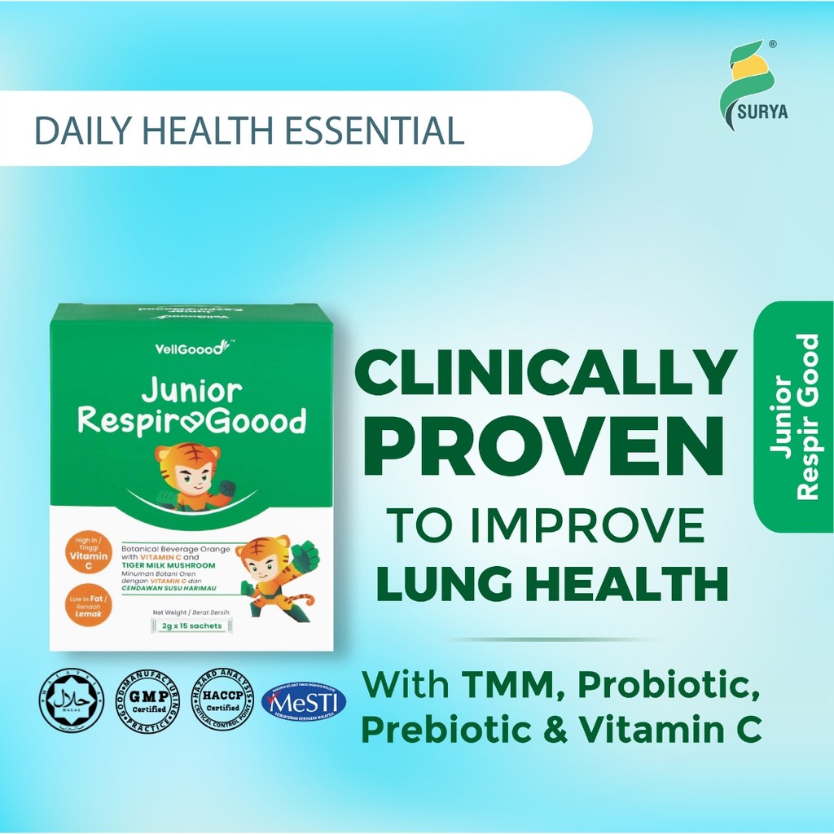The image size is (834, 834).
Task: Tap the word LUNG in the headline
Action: click(439, 584)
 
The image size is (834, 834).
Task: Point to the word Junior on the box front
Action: click(191, 392)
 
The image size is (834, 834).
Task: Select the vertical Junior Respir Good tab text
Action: click(795, 416)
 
